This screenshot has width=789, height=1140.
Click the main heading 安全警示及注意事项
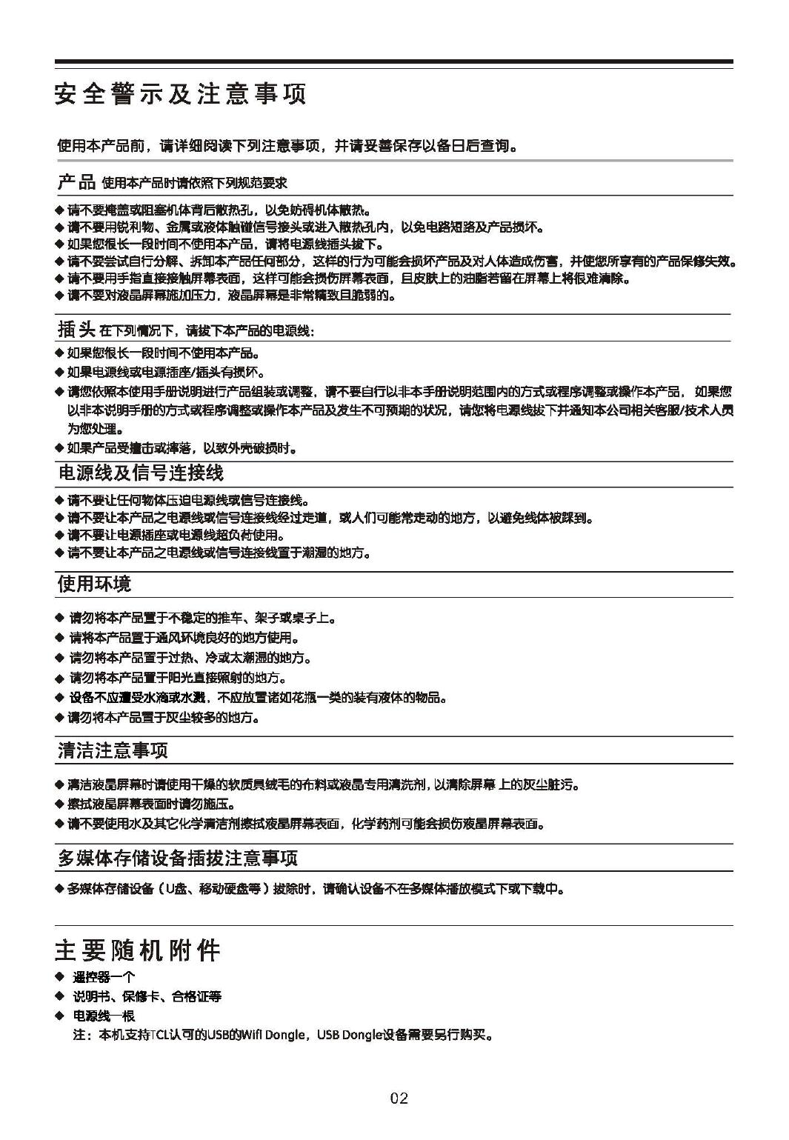point(180,95)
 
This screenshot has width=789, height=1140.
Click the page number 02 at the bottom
point(399,1098)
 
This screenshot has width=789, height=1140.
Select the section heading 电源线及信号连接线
point(140,473)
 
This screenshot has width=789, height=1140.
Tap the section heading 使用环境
point(94,584)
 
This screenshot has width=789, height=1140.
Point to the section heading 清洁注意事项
point(113,750)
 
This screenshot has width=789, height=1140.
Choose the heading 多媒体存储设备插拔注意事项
point(178,859)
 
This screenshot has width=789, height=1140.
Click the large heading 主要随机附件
point(138,950)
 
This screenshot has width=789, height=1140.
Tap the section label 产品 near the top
point(76,181)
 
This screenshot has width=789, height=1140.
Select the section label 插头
point(76,329)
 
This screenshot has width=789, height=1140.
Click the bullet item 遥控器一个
point(104,977)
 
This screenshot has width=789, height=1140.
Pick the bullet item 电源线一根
point(104,1016)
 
